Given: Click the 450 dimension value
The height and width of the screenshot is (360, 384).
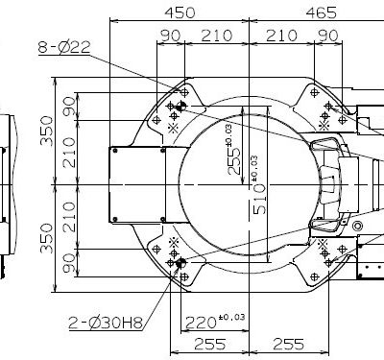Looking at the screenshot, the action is pos(180,12).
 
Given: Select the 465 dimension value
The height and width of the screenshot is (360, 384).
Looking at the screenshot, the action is pos(322,12).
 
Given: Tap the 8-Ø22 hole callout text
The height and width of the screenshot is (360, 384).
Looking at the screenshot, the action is pos(64,47).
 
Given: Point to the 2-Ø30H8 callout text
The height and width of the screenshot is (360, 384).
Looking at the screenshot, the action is pos(106,323).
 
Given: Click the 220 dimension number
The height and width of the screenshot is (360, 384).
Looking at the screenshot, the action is pos(201,323).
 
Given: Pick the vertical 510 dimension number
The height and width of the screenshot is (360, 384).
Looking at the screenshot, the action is pos(259,199).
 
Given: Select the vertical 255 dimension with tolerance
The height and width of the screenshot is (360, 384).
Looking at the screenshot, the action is pos(234,150).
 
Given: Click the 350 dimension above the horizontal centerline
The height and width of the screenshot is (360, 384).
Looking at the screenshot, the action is pos(47,131).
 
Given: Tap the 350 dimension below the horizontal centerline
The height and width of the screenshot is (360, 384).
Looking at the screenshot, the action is pos(47,238).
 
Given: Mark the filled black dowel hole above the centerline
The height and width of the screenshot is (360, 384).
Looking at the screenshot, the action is pos(181,106).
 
